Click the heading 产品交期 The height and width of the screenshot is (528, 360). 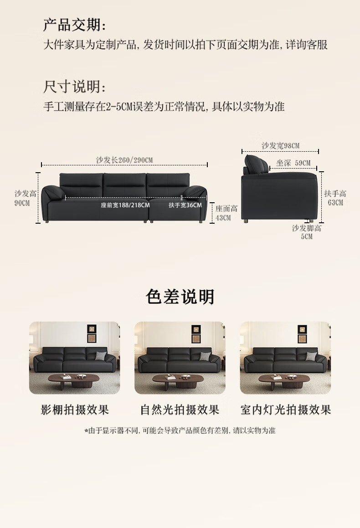pos(74,25)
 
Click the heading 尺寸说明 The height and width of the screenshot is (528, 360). pos(74,87)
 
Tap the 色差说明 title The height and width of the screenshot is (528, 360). pos(180,297)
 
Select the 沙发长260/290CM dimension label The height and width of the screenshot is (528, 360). pos(124,160)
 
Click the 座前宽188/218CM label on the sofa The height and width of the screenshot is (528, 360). pos(125,205)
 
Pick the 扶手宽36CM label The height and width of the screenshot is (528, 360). pos(185,205)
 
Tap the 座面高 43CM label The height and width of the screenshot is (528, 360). pos(226,213)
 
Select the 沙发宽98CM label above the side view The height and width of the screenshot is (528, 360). pos(281,146)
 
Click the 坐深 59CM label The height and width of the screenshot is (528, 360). pos(293,163)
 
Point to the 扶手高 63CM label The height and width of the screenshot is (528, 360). pos(335,198)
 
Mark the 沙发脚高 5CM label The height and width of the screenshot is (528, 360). pos(307,232)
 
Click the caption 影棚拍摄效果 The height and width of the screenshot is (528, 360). pos(75,410)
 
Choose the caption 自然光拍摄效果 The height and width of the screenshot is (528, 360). pos(180,410)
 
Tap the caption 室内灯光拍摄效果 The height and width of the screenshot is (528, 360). pos(286,410)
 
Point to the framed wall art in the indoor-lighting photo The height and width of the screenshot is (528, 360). pos(302,334)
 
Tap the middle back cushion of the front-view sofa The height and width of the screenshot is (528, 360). pos(124,185)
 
